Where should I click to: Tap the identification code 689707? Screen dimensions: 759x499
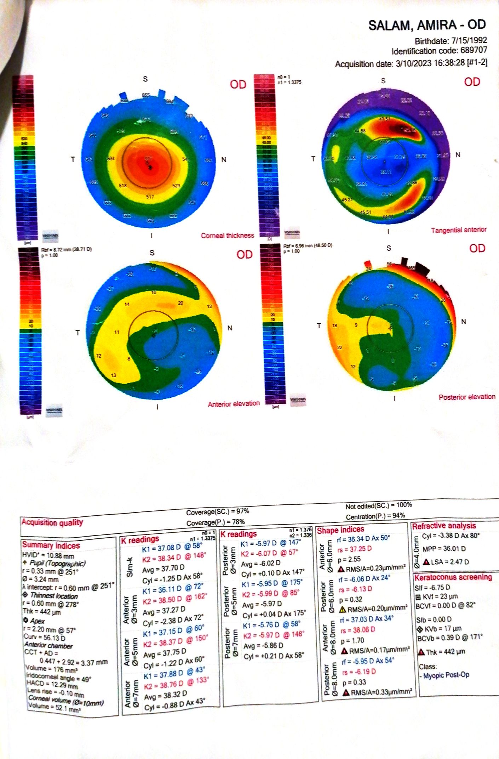474,50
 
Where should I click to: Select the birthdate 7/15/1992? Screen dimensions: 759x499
469,40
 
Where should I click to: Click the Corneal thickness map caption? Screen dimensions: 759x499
227,236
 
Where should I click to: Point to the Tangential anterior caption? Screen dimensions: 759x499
458,230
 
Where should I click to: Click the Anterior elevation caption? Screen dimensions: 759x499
234,404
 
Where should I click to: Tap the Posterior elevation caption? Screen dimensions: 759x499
467,397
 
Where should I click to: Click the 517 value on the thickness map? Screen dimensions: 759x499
150,197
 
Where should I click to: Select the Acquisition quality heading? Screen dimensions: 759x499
52,522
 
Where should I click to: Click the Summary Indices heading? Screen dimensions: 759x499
51,545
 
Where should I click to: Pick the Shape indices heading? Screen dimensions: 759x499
340,530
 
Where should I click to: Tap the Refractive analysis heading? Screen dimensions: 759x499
444,526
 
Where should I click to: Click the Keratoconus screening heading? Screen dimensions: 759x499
453,577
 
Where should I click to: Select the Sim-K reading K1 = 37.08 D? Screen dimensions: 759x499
161,548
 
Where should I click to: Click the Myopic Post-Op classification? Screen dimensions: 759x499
446,675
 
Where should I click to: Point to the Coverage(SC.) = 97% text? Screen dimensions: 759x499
218,512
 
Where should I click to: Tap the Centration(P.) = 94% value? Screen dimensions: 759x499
375,516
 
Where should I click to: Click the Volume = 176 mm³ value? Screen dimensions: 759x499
52,669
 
